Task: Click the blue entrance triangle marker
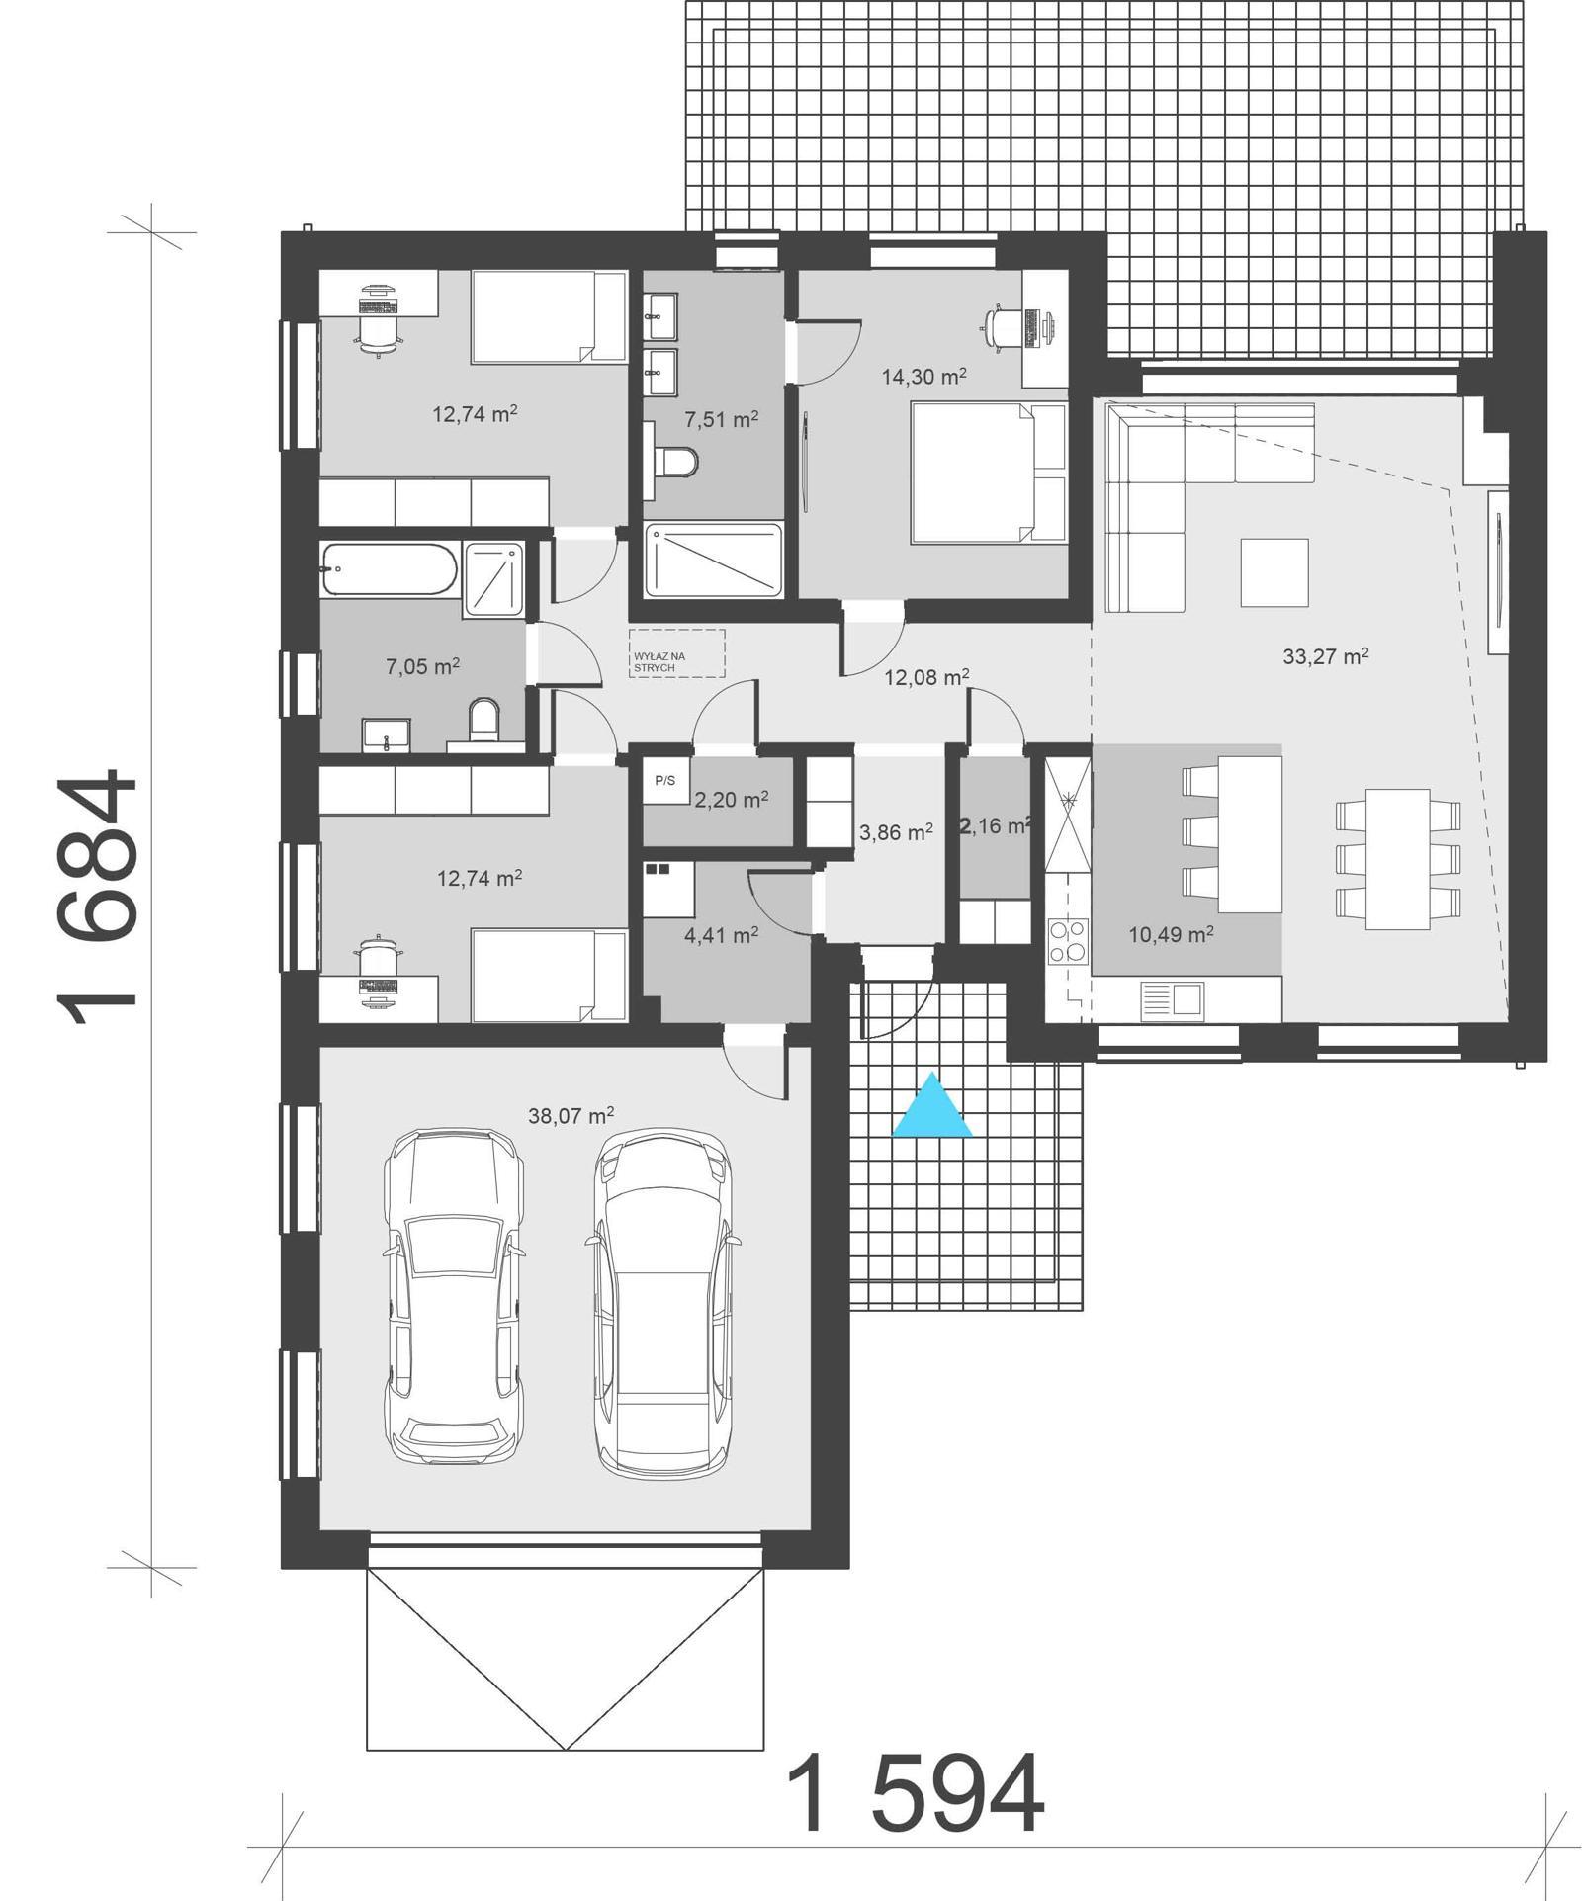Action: click(x=931, y=1108)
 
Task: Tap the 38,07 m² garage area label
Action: click(x=571, y=1116)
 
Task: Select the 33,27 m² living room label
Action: click(x=1325, y=655)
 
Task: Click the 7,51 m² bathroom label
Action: click(x=721, y=419)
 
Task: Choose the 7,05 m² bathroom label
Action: click(x=422, y=666)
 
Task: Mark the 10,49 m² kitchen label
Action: click(x=1171, y=933)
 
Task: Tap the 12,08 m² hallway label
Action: click(x=925, y=677)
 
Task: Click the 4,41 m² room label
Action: click(x=721, y=933)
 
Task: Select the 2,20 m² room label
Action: click(x=731, y=799)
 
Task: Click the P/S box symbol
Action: click(x=665, y=781)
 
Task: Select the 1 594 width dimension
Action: click(x=915, y=1794)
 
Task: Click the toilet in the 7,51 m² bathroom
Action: click(x=677, y=461)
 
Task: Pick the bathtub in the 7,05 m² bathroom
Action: click(x=389, y=568)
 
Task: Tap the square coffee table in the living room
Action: click(x=1274, y=571)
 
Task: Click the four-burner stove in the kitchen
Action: click(x=1068, y=941)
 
